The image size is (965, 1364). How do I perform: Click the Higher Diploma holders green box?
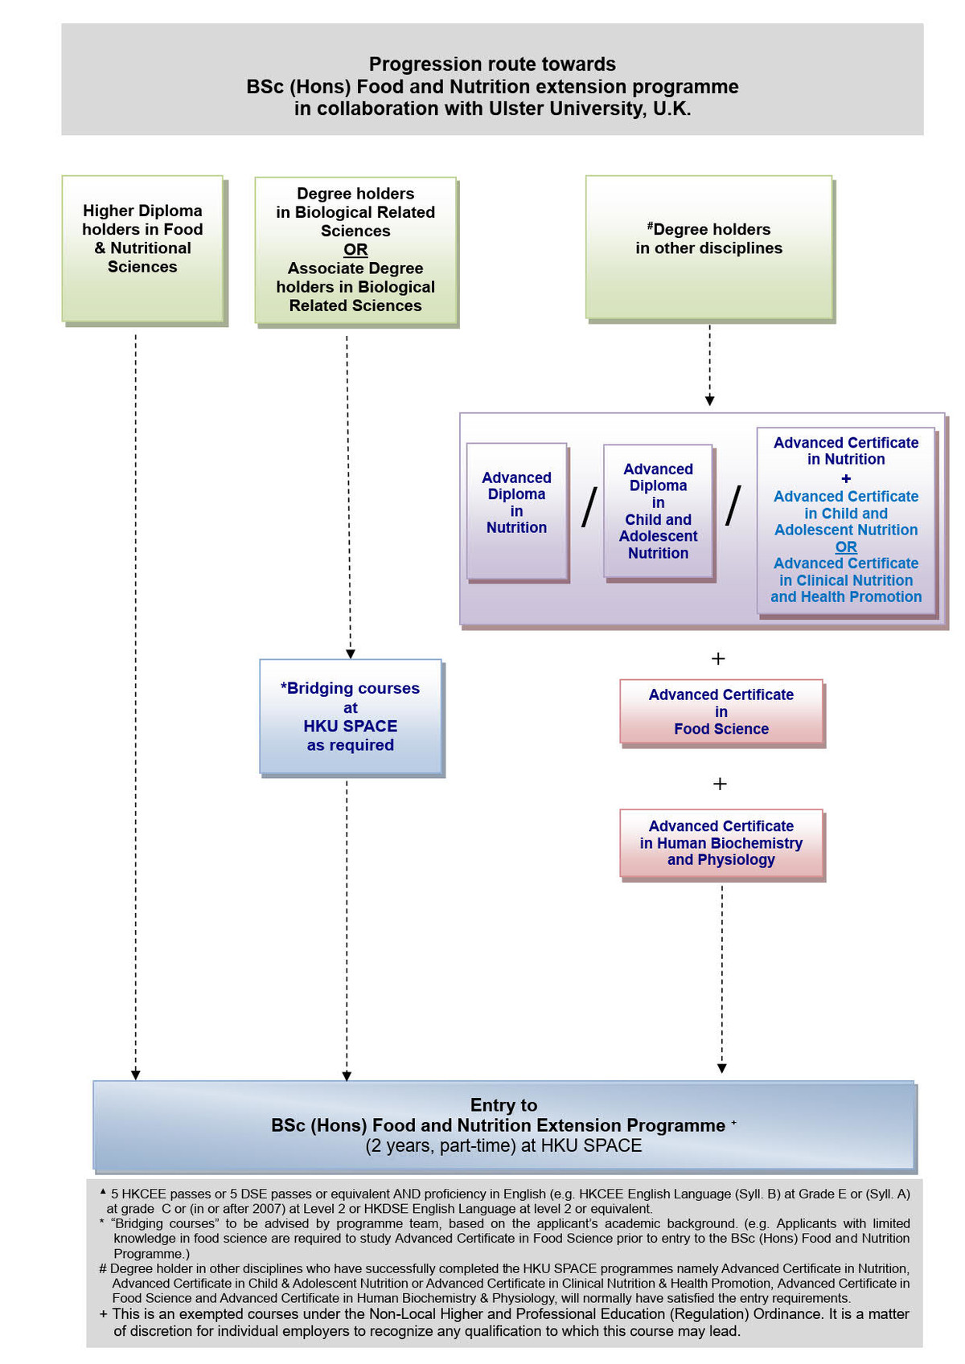[x=142, y=248]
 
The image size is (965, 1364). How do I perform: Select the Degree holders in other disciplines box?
[x=708, y=247]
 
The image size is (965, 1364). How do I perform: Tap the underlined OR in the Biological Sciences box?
[x=355, y=249]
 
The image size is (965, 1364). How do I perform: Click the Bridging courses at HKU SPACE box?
[x=351, y=717]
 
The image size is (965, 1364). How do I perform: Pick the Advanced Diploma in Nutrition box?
[x=516, y=510]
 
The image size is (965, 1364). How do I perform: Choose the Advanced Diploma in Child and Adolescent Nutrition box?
[x=658, y=510]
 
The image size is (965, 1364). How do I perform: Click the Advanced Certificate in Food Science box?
[x=721, y=712]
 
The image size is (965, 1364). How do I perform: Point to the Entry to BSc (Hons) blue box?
[x=504, y=1125]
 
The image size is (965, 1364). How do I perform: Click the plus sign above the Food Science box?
[x=719, y=658]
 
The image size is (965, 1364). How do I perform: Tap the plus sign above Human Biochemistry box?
[x=720, y=784]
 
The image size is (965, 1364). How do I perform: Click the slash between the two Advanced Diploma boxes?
[x=589, y=507]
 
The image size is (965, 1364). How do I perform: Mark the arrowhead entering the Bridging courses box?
[x=350, y=654]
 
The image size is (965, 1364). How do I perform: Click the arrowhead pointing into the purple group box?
[x=709, y=400]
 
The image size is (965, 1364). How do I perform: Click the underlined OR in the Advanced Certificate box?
[x=846, y=547]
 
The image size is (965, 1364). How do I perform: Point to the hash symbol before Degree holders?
[x=650, y=227]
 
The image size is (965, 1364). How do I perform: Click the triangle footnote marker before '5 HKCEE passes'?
[x=103, y=1192]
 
